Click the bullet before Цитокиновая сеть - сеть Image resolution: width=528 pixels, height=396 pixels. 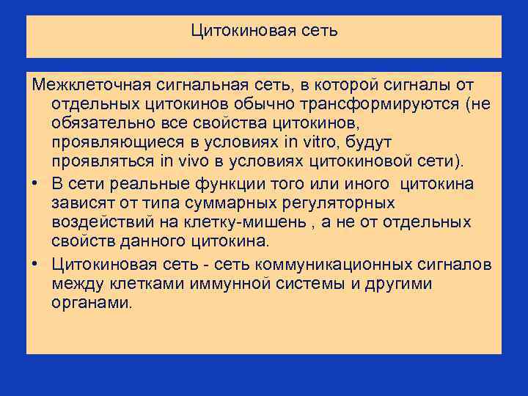35,264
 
